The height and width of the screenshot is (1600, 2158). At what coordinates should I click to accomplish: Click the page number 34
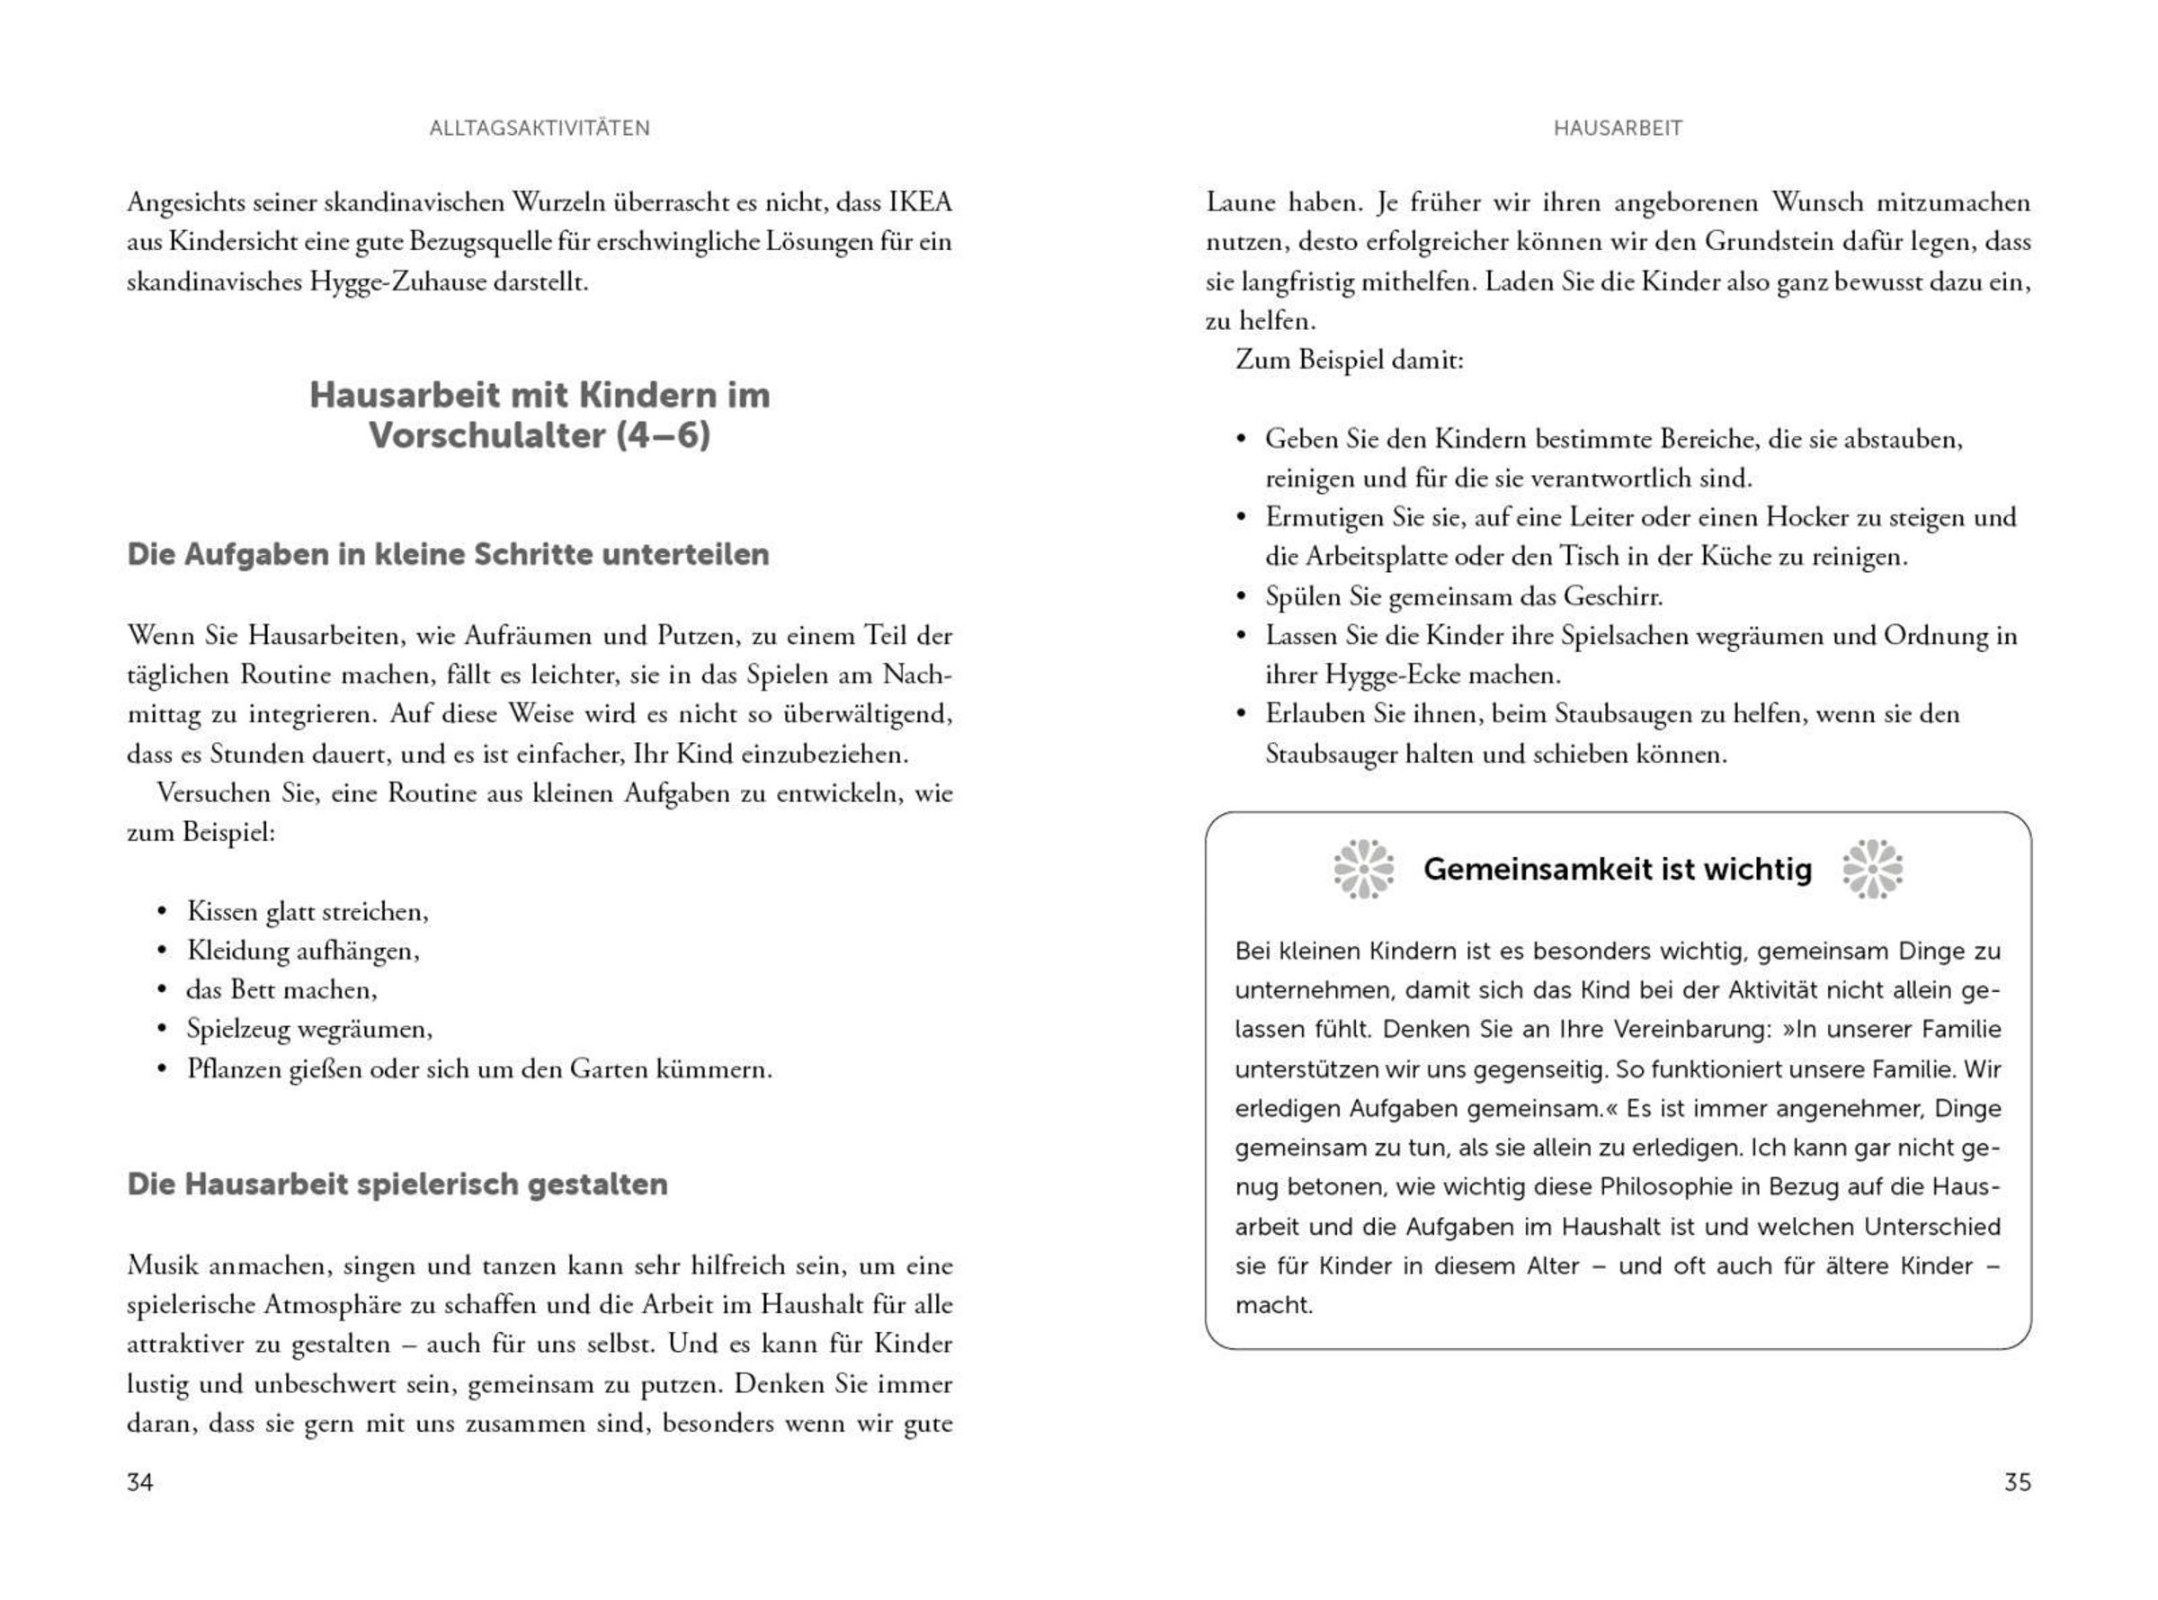click(139, 1482)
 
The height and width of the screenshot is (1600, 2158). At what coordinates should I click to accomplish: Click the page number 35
click(2017, 1482)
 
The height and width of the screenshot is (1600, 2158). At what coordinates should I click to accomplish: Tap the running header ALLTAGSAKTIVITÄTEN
click(539, 128)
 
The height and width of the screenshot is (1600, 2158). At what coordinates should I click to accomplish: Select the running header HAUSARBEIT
click(1618, 128)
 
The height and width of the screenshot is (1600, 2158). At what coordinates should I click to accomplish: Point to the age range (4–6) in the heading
click(664, 436)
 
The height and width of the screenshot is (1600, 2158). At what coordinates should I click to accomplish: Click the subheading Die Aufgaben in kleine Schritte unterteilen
click(449, 555)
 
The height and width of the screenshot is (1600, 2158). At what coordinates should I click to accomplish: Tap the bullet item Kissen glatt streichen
click(307, 911)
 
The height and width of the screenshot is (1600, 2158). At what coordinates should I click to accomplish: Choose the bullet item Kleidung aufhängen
click(303, 951)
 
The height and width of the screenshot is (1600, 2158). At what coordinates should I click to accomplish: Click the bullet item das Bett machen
click(281, 990)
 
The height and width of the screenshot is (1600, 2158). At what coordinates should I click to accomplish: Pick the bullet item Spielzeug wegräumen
click(308, 1030)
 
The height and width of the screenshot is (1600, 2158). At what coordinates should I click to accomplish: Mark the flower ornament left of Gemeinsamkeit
click(1363, 869)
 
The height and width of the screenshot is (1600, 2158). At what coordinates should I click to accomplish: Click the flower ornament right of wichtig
click(1871, 869)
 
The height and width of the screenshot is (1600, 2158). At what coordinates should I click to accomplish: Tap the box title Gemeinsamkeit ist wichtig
click(1617, 870)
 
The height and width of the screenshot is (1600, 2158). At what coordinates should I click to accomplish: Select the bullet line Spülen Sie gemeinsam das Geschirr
click(1463, 596)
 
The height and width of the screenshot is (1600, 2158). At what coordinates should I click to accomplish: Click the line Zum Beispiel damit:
click(1350, 361)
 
